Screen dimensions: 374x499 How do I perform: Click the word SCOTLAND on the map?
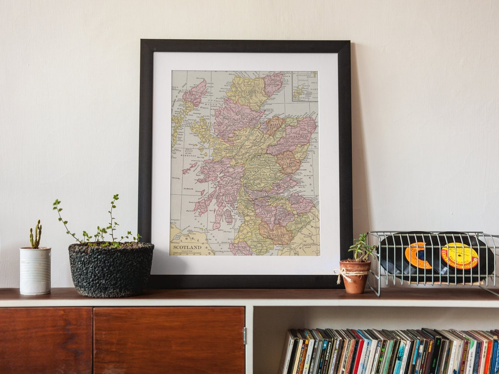[187, 247]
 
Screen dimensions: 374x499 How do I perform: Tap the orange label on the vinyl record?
[418, 255]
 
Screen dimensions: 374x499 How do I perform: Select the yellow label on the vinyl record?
[459, 255]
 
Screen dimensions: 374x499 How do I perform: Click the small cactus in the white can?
[36, 235]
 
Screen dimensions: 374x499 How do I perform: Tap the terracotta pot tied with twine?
[355, 277]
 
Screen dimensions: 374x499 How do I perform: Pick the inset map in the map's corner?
[305, 86]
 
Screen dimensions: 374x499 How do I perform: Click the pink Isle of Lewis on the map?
[195, 92]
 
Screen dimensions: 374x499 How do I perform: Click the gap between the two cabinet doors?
[93, 340]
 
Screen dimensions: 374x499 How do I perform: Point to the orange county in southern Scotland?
[276, 233]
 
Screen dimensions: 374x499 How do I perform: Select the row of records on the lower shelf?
[388, 351]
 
